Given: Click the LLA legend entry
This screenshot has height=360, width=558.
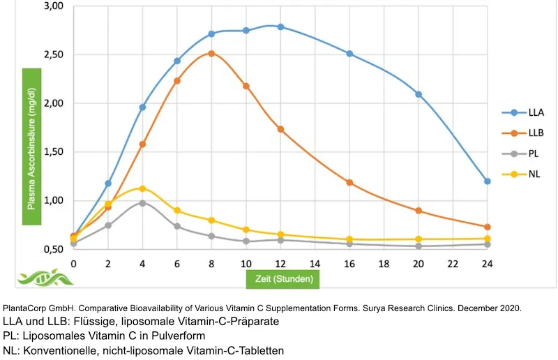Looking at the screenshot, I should pyautogui.click(x=524, y=112).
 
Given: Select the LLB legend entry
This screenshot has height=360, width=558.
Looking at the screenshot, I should pyautogui.click(x=524, y=133).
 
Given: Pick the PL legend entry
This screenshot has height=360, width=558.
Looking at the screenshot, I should pyautogui.click(x=522, y=153).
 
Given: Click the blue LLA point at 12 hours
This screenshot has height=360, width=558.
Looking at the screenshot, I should pyautogui.click(x=280, y=27).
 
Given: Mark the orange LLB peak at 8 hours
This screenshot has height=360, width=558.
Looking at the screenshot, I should pyautogui.click(x=211, y=53).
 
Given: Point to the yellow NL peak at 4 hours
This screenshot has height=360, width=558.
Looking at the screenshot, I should pyautogui.click(x=142, y=188).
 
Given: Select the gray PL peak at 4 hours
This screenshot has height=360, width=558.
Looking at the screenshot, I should pyautogui.click(x=142, y=203).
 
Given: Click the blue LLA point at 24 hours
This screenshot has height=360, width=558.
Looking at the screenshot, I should pyautogui.click(x=488, y=181).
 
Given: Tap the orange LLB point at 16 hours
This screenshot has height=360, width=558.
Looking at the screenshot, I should pyautogui.click(x=349, y=183).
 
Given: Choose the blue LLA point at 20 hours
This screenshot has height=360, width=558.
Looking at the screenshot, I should pyautogui.click(x=418, y=94).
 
